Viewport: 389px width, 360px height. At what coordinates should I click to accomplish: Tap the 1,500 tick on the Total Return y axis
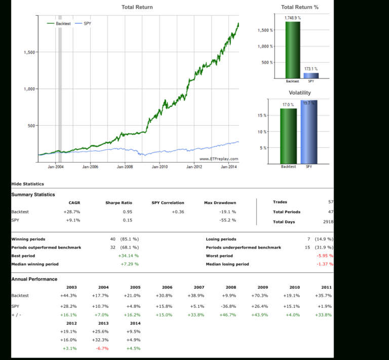[x=29, y=52]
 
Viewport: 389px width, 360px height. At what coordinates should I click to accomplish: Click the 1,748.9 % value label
[x=292, y=18]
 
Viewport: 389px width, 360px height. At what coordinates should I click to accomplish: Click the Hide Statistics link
[x=27, y=184]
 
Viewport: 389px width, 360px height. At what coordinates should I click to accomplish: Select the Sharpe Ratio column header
[x=119, y=203]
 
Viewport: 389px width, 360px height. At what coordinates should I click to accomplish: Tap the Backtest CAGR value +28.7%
[x=72, y=212]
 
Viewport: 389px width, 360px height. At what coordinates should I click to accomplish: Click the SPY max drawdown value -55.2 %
[x=227, y=220]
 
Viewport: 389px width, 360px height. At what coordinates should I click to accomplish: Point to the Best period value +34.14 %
[x=129, y=256]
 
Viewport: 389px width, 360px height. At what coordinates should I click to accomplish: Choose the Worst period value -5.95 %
[x=324, y=256]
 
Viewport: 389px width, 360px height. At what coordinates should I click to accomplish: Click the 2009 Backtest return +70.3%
[x=259, y=295]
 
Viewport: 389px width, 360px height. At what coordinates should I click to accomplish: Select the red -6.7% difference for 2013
[x=103, y=348]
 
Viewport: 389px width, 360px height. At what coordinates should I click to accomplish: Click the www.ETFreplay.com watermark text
[x=218, y=159]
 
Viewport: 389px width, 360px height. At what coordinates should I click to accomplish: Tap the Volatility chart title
[x=300, y=93]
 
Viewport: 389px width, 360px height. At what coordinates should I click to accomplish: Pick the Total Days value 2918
[x=327, y=222]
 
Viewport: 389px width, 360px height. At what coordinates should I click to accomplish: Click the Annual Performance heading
[x=34, y=279]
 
